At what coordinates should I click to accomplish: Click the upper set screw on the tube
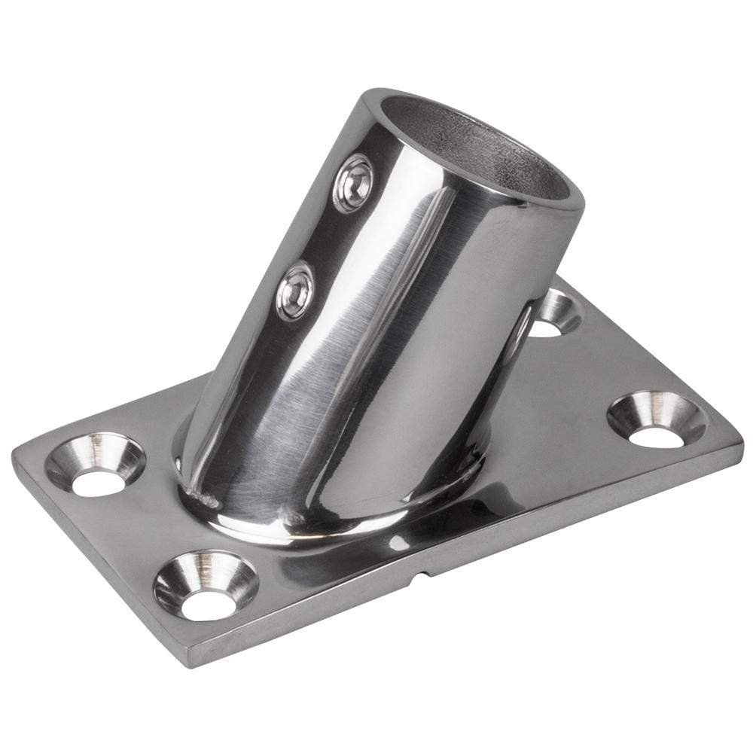(353, 183)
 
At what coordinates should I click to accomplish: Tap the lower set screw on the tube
(294, 290)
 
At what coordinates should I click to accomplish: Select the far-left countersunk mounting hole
(96, 465)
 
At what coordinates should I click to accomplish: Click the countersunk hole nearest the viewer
(206, 585)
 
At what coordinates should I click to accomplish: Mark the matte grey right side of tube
(520, 301)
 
